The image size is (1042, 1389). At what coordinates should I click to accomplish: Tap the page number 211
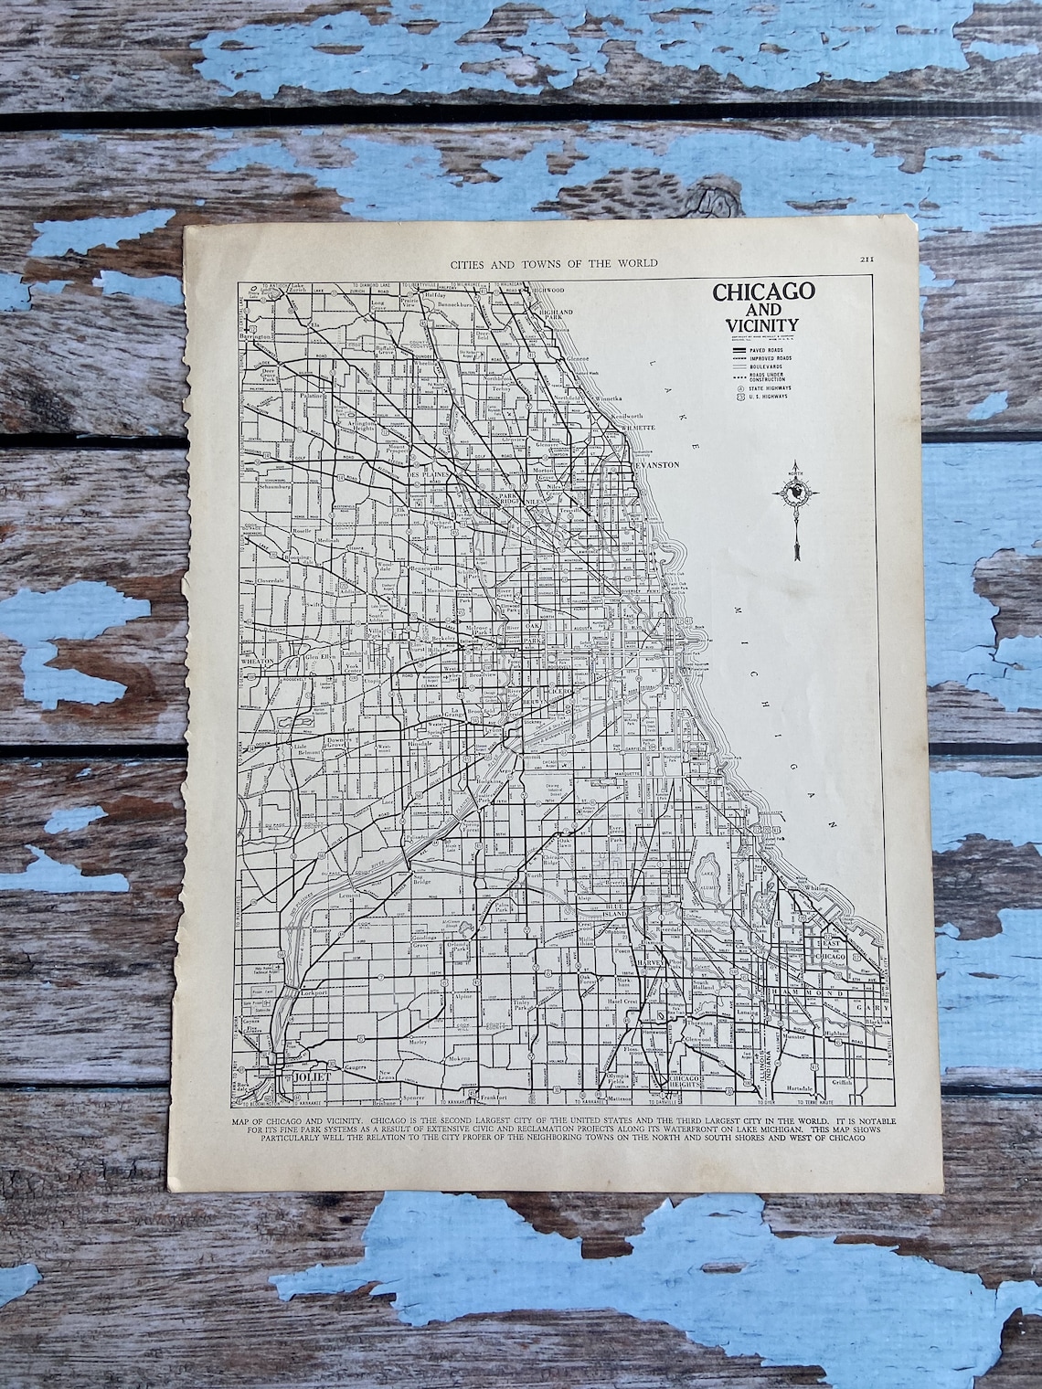867,261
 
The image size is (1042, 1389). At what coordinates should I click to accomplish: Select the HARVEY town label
648,960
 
